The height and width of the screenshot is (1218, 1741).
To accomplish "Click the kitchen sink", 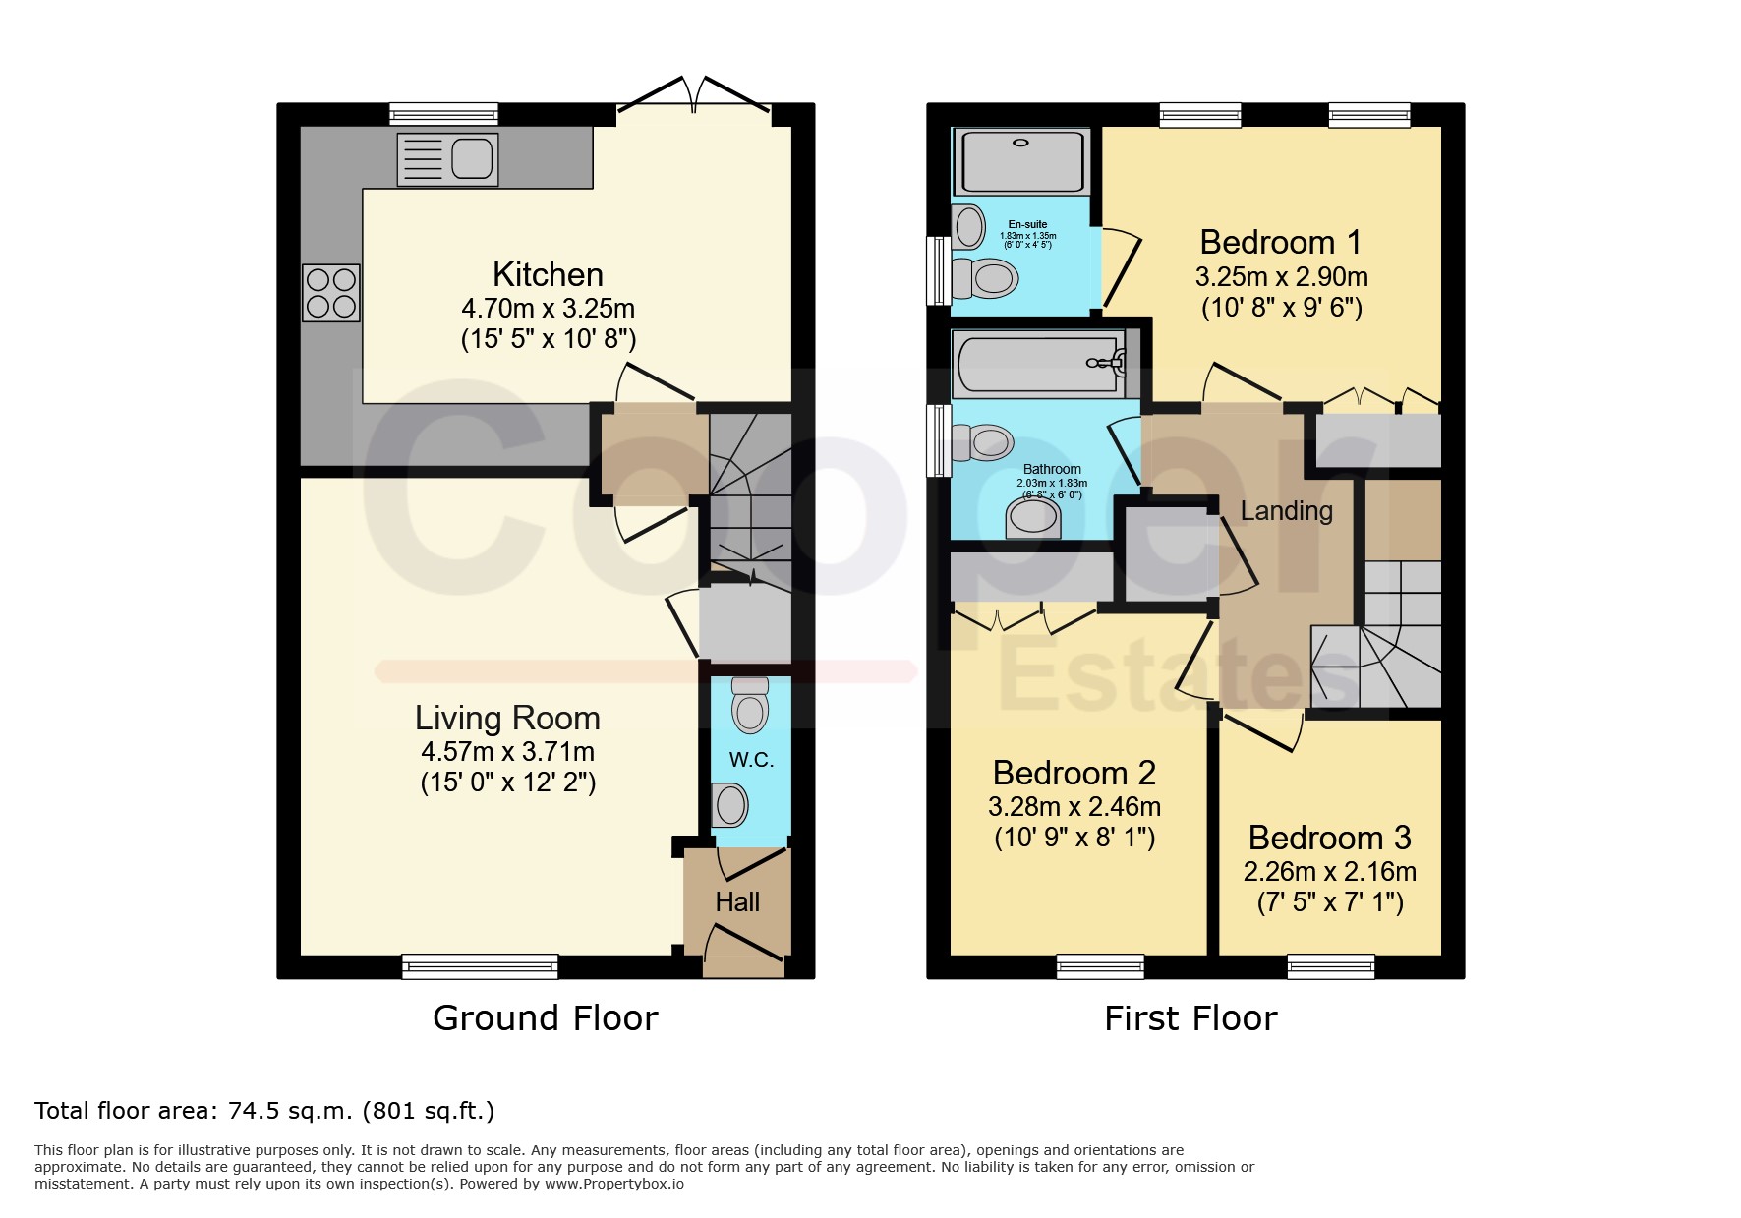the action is [447, 159].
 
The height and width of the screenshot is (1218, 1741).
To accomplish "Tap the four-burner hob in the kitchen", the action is [331, 293].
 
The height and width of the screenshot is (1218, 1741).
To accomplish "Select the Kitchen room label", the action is [548, 274].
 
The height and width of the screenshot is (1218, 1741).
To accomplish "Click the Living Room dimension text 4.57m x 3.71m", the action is [507, 752].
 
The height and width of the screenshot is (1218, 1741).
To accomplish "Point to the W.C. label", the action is [751, 759].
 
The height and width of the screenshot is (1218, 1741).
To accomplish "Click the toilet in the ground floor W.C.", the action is [750, 704].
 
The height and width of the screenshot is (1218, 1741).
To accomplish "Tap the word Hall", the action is [737, 901].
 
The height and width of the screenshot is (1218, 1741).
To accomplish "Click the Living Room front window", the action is [480, 966].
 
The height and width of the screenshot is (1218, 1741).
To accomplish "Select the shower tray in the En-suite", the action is [1021, 160].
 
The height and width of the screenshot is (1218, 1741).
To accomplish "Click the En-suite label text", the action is [1027, 224].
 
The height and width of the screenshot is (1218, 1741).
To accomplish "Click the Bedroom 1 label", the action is [1281, 242].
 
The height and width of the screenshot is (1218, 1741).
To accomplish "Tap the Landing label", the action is [1286, 511].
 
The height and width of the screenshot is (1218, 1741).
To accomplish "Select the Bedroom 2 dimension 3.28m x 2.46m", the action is [1074, 807].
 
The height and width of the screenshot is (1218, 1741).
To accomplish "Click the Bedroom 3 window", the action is [1331, 966].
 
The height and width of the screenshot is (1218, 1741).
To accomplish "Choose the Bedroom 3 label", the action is [1329, 838].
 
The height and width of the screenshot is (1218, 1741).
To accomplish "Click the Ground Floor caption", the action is [546, 1017].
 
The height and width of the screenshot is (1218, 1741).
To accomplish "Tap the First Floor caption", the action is [1190, 1017].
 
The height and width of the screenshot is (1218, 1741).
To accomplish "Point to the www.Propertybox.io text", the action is [614, 1184].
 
